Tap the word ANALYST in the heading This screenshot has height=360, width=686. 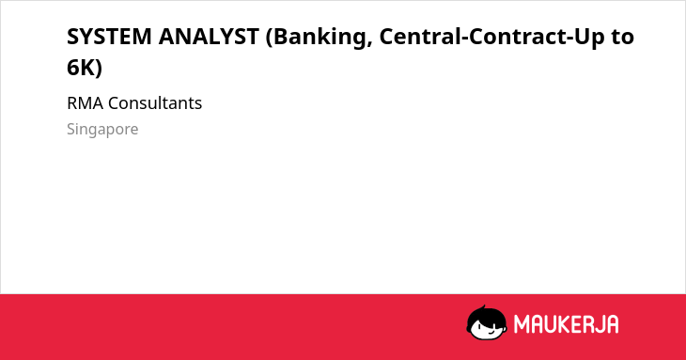pyautogui.click(x=209, y=37)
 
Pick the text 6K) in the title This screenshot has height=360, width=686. pyautogui.click(x=85, y=68)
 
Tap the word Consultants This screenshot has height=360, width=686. pyautogui.click(x=155, y=103)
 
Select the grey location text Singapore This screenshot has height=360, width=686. pyautogui.click(x=102, y=130)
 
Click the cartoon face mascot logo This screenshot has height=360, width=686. pyautogui.click(x=487, y=323)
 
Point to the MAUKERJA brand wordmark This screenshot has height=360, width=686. pyautogui.click(x=566, y=324)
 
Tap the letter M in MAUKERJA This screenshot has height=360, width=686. pyautogui.click(x=522, y=324)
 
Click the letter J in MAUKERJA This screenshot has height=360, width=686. pyautogui.click(x=598, y=324)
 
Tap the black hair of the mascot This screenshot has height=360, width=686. pyautogui.click(x=485, y=315)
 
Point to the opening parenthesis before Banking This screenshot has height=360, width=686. pyautogui.click(x=270, y=38)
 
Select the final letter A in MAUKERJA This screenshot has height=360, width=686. pyautogui.click(x=612, y=324)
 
